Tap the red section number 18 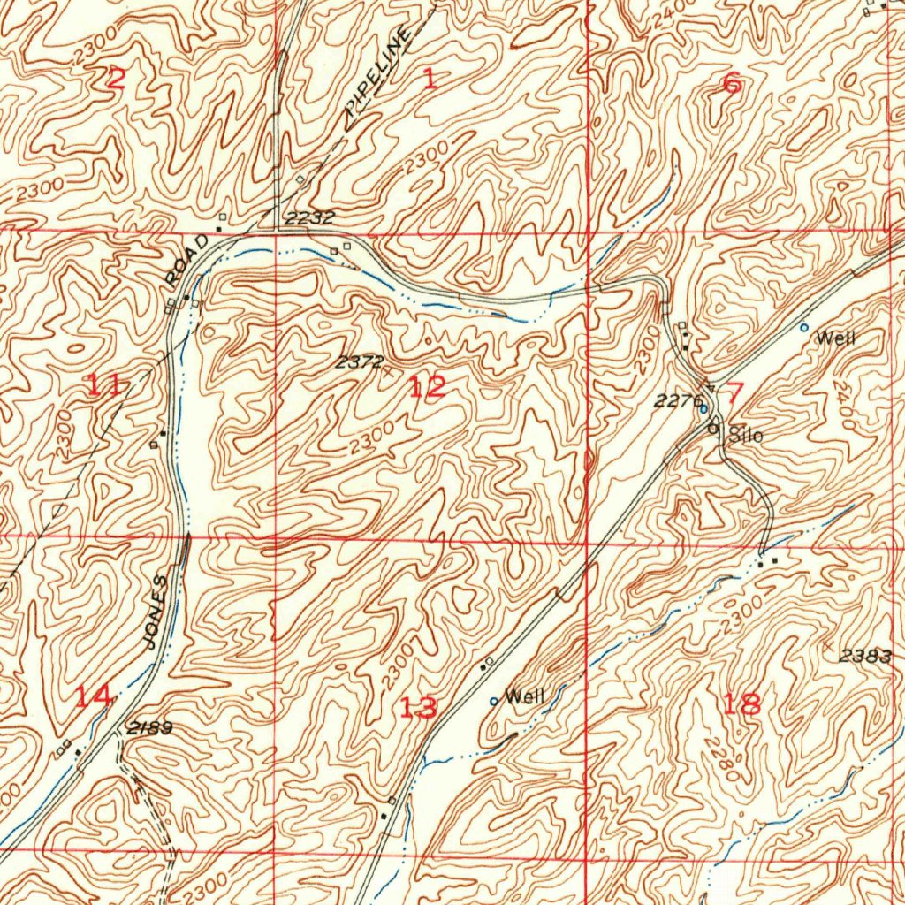pyautogui.click(x=741, y=703)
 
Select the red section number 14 pyautogui.click(x=93, y=696)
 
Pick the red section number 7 pyautogui.click(x=736, y=392)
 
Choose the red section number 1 pyautogui.click(x=430, y=80)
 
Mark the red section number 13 pyautogui.click(x=417, y=707)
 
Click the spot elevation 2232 pyautogui.click(x=310, y=217)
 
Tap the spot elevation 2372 pyautogui.click(x=359, y=361)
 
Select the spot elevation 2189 pyautogui.click(x=149, y=728)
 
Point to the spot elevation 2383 pyautogui.click(x=866, y=656)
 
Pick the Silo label pyautogui.click(x=743, y=435)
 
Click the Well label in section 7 pyautogui.click(x=836, y=338)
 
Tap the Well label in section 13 pyautogui.click(x=524, y=697)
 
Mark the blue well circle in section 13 pyautogui.click(x=494, y=702)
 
